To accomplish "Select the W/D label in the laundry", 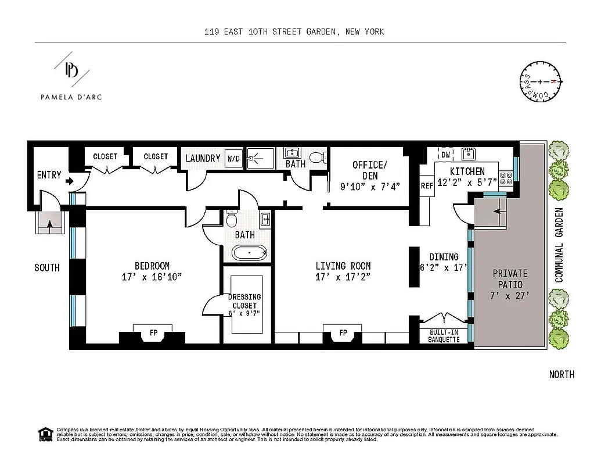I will point(233,158).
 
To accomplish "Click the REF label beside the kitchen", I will point(427,186).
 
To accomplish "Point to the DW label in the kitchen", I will point(446,155).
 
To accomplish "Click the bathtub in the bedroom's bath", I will point(249,253).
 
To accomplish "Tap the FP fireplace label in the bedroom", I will point(153,332).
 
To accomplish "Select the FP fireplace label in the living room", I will point(343,332).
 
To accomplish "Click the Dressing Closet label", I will point(245,301).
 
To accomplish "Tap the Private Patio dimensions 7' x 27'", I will point(510,295).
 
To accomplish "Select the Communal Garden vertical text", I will point(560,245).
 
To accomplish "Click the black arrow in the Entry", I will point(70,181).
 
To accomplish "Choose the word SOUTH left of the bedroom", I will point(46,268).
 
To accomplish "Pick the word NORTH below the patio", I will point(562,374).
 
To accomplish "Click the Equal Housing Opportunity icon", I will point(45,433).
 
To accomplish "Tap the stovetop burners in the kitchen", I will point(506,177).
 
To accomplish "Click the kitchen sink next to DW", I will point(468,154).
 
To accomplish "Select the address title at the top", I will point(294,31).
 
